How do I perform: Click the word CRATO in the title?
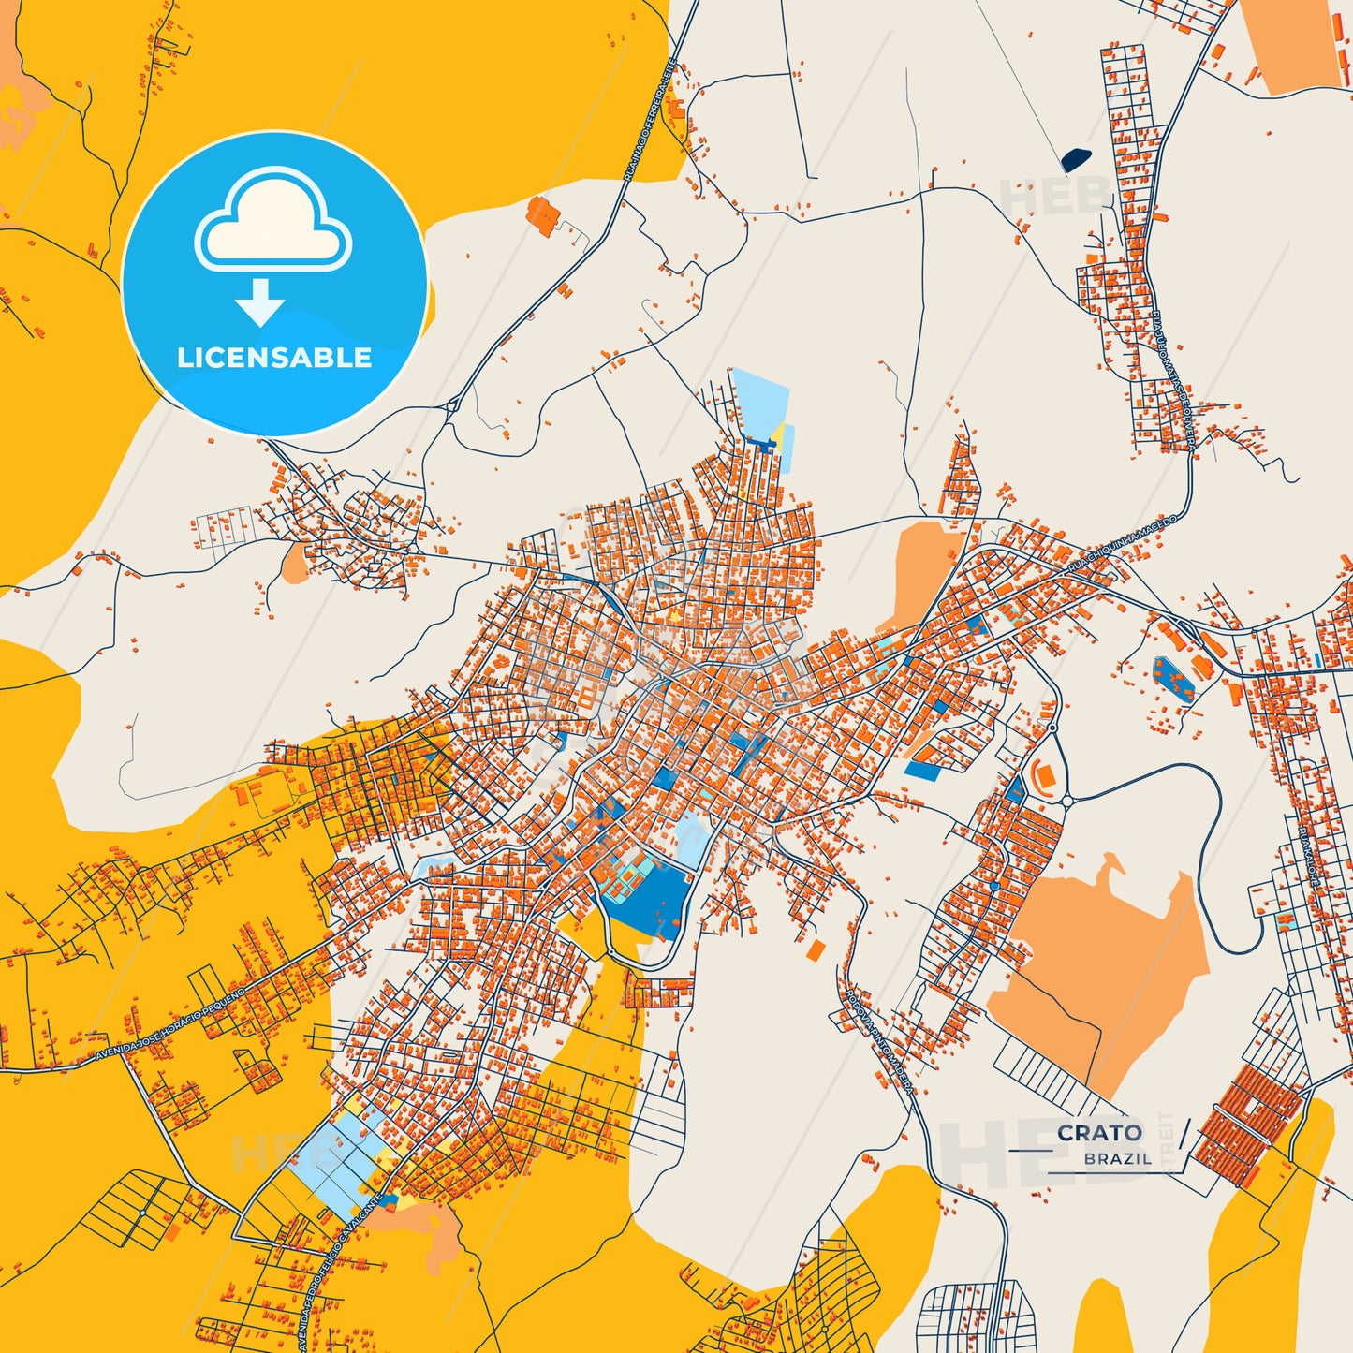pos(1099,1133)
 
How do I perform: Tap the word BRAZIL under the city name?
pos(1118,1159)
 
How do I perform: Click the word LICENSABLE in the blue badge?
pos(274,358)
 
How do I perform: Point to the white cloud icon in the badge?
pos(273,220)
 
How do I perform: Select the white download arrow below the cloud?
pos(260,301)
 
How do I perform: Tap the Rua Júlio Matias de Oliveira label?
pos(1171,379)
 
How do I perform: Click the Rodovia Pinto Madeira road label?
pos(878,1039)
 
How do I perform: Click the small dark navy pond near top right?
pos(1076,160)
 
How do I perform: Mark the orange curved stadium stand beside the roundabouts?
pos(1041,775)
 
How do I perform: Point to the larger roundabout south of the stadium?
pos(1066,801)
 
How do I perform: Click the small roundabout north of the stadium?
pos(1052,727)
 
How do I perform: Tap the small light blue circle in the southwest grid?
pos(141,1213)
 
